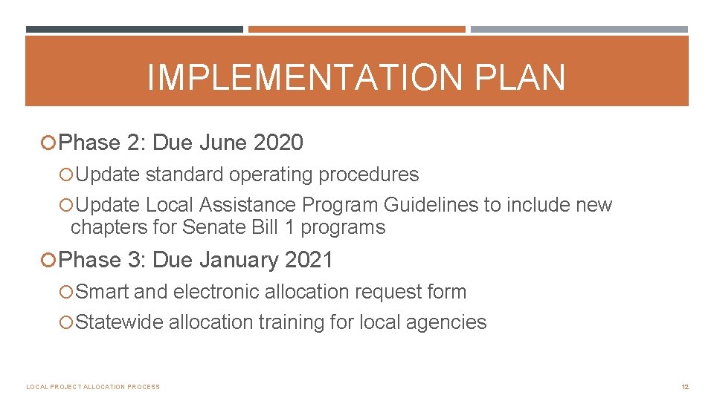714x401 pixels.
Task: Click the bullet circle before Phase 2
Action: click(50, 142)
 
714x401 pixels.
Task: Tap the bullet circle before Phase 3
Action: click(50, 260)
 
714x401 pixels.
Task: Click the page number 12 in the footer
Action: click(686, 387)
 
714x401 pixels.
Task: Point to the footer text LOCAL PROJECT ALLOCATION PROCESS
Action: click(93, 387)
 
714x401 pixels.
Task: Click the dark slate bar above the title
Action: click(134, 30)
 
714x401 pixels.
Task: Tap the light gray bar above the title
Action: click(579, 30)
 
